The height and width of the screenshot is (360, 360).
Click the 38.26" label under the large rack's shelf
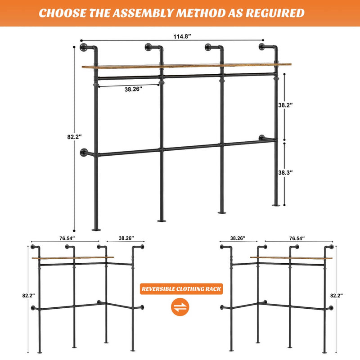133,89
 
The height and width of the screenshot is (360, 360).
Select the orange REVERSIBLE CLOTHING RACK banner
181,289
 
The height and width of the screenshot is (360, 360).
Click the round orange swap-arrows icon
181,308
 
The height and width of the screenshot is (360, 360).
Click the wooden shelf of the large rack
184,66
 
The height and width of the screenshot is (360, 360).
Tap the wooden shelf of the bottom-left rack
72,258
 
